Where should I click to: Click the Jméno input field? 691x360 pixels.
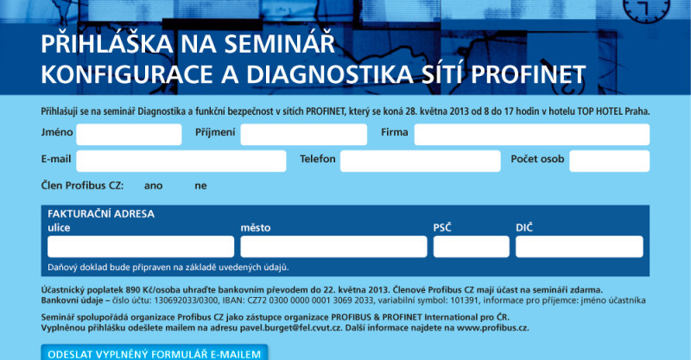click(129, 135)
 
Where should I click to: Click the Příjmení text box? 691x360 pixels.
click(304, 135)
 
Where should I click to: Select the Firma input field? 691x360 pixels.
click(532, 135)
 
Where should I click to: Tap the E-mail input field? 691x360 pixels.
click(181, 161)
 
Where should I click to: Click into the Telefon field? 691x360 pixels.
click(421, 161)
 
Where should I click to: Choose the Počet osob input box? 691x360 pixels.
click(610, 161)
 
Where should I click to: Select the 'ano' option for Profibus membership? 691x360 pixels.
click(154, 186)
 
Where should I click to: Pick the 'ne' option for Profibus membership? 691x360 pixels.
click(200, 186)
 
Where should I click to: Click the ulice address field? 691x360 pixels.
click(141, 246)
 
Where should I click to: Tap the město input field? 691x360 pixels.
click(333, 246)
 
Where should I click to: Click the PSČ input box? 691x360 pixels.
click(471, 246)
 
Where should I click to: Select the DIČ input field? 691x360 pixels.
click(579, 246)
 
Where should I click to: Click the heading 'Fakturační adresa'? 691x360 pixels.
click(101, 214)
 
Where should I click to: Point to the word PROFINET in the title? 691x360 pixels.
click(529, 74)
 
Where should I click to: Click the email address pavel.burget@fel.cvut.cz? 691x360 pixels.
click(291, 328)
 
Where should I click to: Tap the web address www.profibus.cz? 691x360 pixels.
click(492, 328)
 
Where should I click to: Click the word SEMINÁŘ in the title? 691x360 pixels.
click(279, 44)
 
